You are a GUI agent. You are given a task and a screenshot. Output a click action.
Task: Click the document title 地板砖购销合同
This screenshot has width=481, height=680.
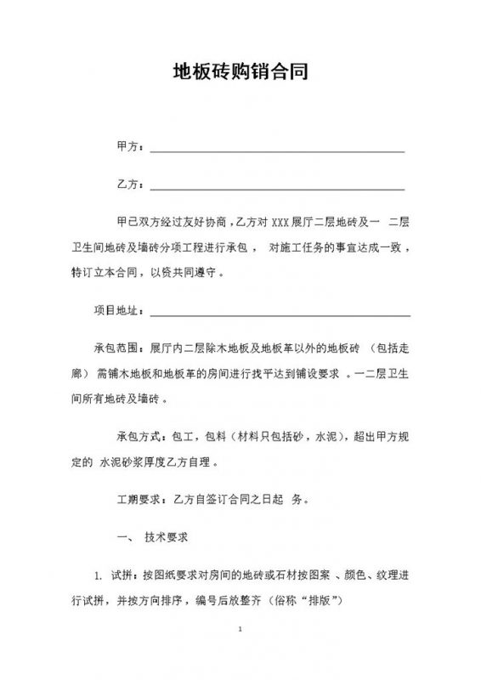(x=240, y=72)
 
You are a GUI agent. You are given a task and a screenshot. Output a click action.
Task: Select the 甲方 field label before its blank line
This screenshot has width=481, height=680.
(x=126, y=146)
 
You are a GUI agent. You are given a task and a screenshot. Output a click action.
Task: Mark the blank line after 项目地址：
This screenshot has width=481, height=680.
(x=280, y=315)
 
